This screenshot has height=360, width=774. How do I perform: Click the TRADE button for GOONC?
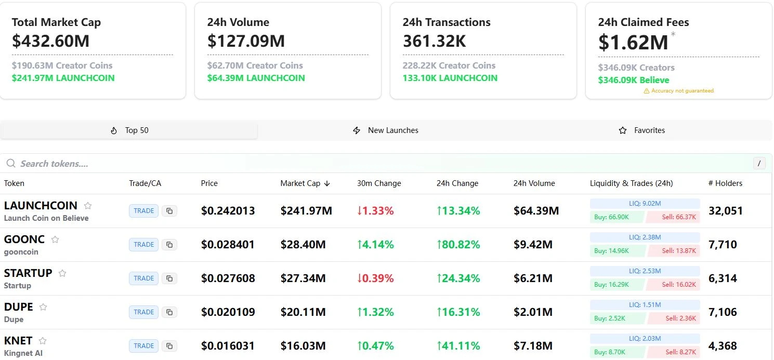tap(143, 245)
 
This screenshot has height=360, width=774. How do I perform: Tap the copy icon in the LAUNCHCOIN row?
tap(169, 211)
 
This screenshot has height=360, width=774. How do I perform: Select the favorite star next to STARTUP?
tap(62, 273)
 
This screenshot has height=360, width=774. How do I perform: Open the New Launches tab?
tap(386, 130)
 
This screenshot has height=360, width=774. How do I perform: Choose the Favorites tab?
tap(642, 130)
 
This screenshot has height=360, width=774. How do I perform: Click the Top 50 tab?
tap(129, 130)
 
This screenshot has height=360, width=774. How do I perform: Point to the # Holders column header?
tap(725, 183)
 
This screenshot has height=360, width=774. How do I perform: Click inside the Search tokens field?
tap(208, 164)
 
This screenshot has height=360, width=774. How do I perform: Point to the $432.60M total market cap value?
tap(51, 41)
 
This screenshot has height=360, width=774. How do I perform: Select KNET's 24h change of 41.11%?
tap(458, 346)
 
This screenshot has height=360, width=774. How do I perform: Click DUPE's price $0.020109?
tap(228, 312)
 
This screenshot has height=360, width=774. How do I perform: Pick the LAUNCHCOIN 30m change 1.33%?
tap(375, 211)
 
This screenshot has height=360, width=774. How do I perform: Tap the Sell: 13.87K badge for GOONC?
tap(674, 251)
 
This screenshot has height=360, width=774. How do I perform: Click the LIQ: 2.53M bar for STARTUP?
tap(645, 271)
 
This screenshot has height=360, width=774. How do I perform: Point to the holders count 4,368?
tap(723, 346)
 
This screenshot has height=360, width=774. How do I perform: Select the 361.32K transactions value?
tap(434, 41)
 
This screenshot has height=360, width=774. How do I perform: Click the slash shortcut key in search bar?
tap(759, 164)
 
